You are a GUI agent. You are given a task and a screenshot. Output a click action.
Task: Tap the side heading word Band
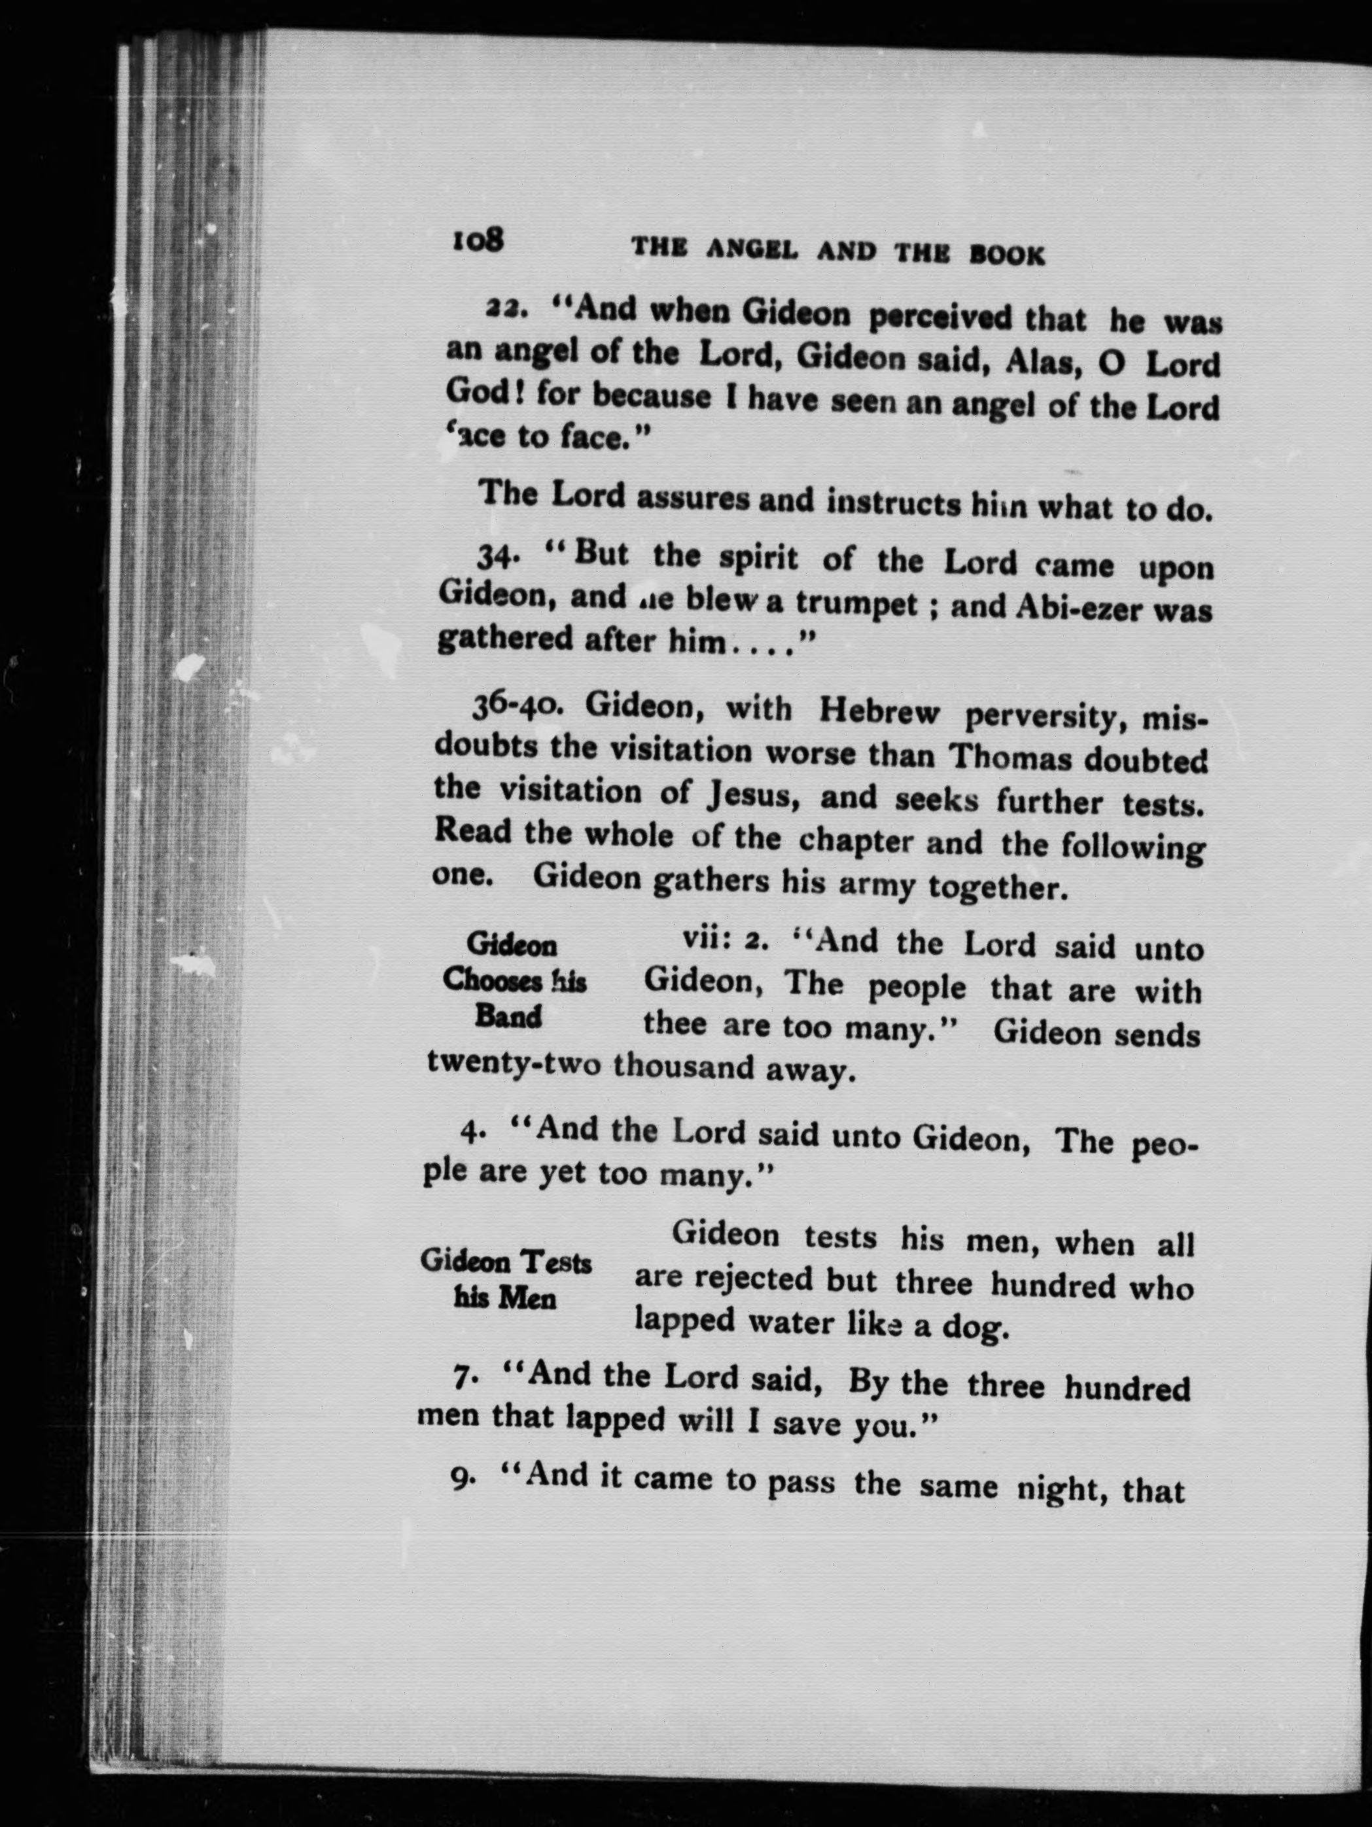507,1017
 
